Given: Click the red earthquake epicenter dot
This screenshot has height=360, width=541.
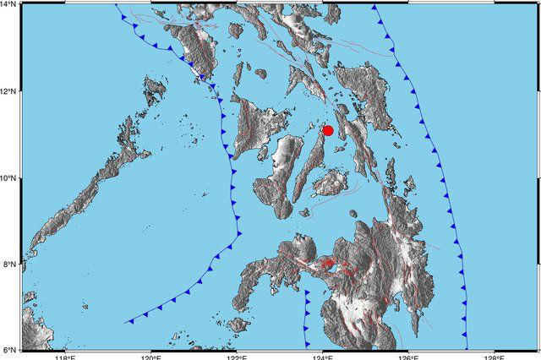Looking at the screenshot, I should point(328,130).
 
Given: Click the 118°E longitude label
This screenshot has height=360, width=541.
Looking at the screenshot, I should point(65,356).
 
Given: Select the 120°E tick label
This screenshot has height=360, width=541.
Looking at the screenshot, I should point(150,356).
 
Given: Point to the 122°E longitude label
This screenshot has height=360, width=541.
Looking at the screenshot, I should point(237,356).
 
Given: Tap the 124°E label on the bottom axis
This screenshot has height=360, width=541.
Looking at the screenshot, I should point(323,356).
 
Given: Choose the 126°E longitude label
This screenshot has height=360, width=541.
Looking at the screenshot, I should point(409,356).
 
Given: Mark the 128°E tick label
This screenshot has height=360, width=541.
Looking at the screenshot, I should point(495,356).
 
